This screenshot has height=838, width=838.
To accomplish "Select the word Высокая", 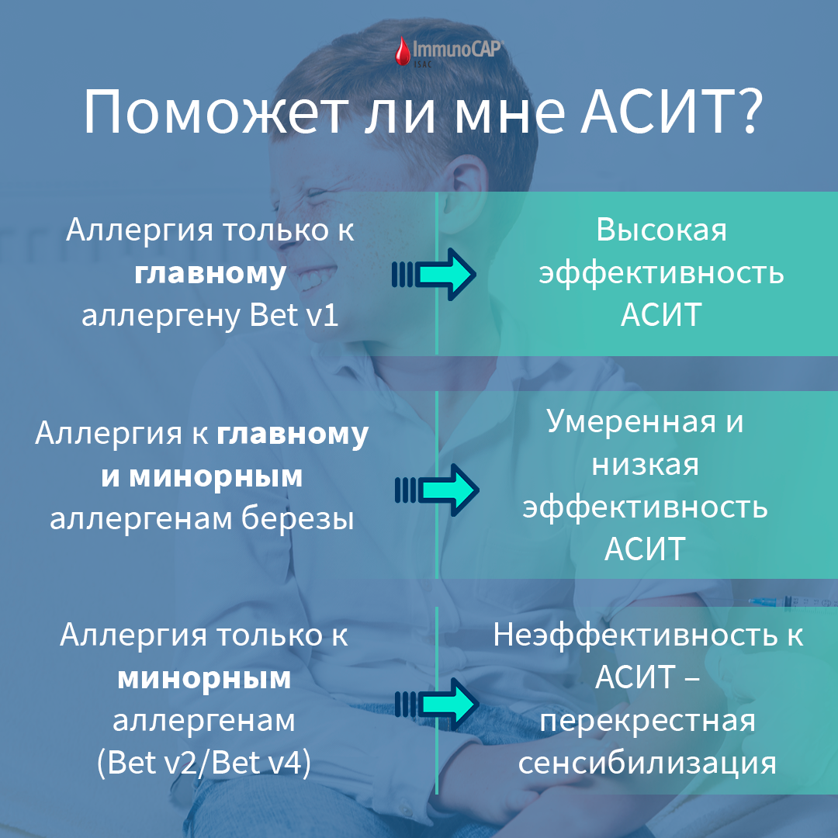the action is point(662,230).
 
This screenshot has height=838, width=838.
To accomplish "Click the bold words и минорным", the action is point(202,476).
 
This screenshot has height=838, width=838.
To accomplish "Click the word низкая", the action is point(645,465).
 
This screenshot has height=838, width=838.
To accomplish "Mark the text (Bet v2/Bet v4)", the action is point(204,764).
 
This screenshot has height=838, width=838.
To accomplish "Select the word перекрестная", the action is point(648,721).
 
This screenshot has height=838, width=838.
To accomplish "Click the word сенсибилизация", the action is point(647,763).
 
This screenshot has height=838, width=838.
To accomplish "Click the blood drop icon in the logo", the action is point(402,54).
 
